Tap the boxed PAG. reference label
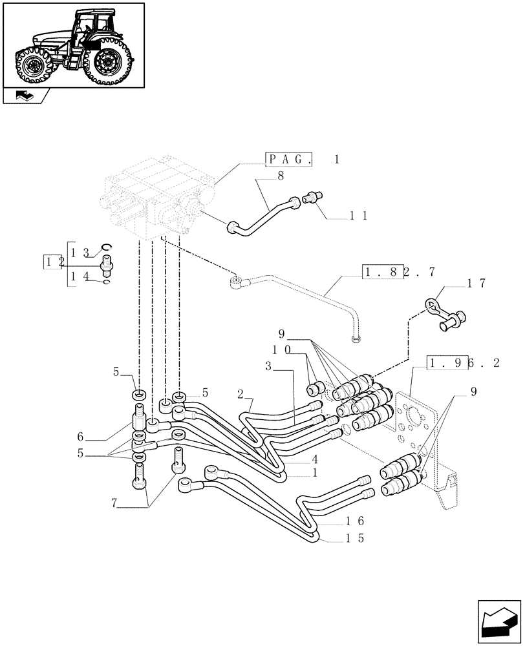(x=289, y=160)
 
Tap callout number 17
(x=477, y=284)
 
